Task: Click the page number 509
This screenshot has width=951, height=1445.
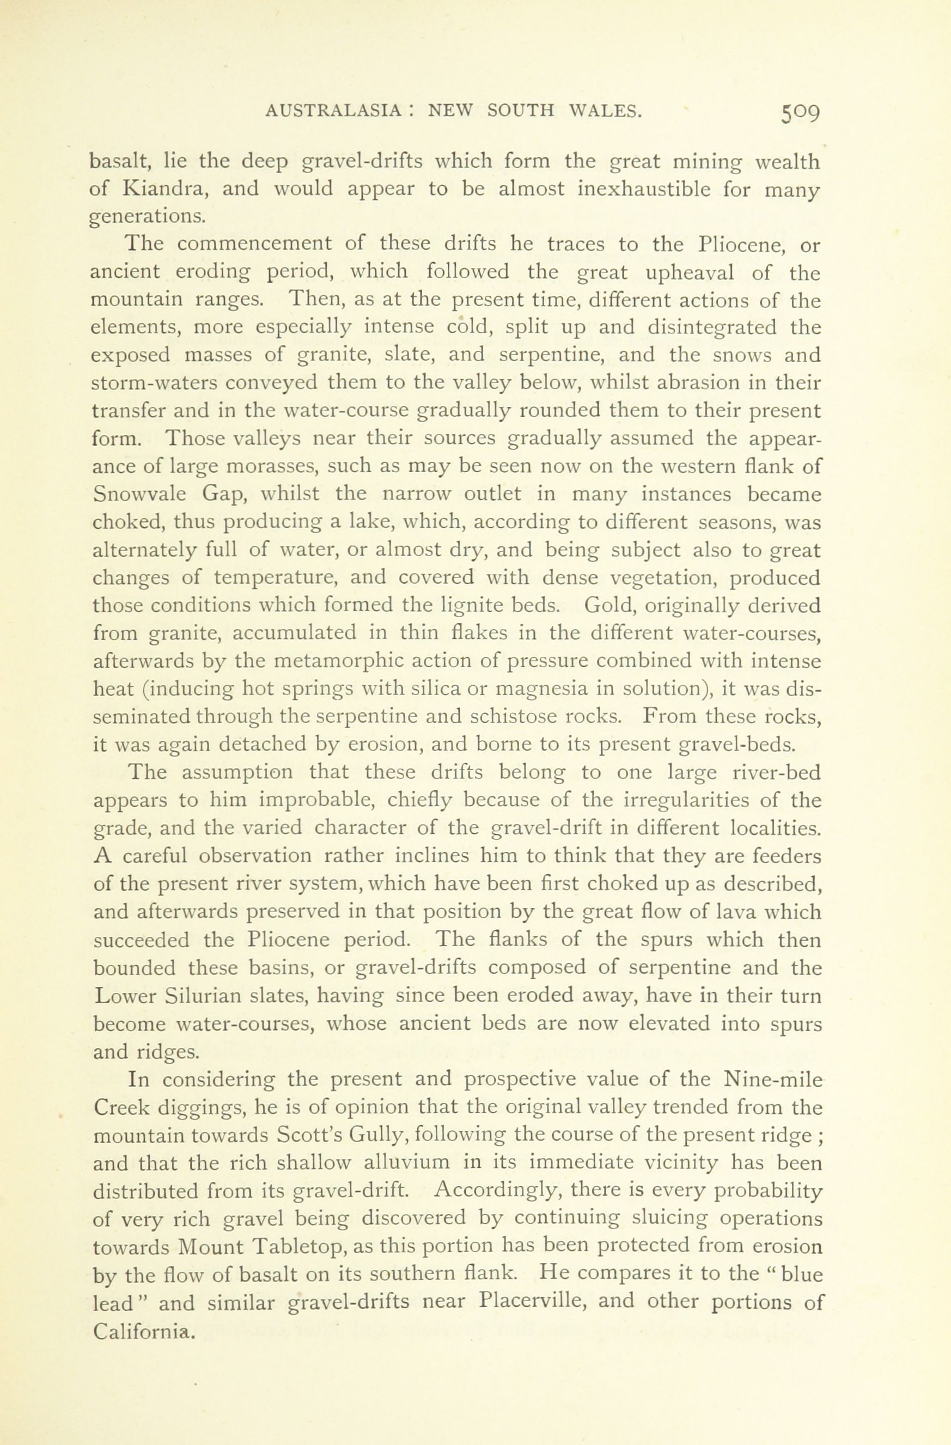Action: [801, 113]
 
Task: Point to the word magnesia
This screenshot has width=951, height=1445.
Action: [538, 689]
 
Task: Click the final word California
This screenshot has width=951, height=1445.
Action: [144, 1330]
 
